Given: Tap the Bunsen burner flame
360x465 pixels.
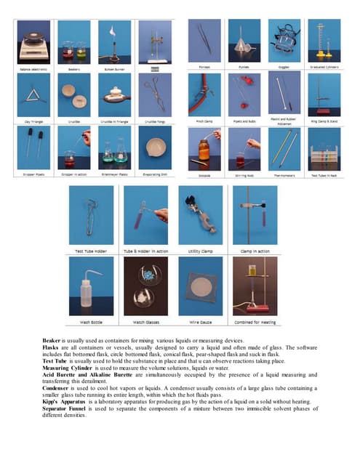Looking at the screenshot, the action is pyautogui.click(x=113, y=32).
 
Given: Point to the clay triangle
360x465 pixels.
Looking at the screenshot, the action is pyautogui.click(x=31, y=98).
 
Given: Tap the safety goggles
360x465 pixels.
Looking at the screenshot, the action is pyautogui.click(x=284, y=40).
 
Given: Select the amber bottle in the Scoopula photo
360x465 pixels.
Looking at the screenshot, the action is pyautogui.click(x=204, y=149).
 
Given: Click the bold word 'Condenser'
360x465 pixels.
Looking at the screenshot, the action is pyautogui.click(x=57, y=387).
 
